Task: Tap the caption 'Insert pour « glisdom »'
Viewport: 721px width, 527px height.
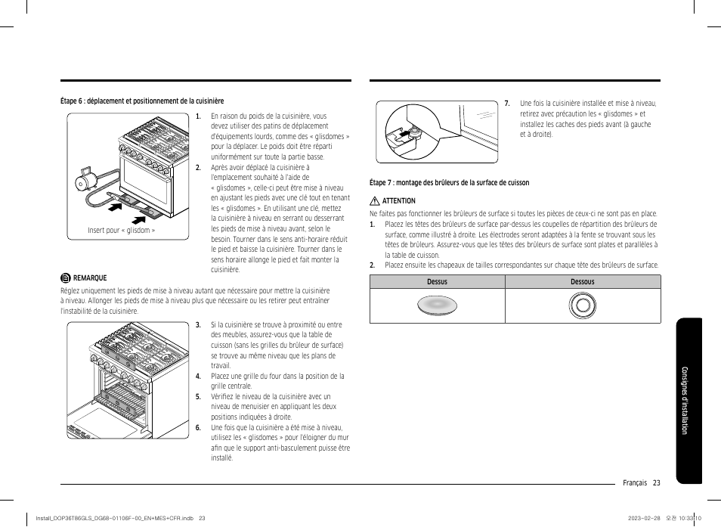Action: [x=121, y=230]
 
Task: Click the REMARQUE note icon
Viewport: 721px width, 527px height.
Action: [x=66, y=277]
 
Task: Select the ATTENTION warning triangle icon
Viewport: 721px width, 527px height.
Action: [x=374, y=201]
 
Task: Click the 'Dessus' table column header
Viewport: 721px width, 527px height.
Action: [x=437, y=282]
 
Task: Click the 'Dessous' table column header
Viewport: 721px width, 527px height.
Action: [x=582, y=282]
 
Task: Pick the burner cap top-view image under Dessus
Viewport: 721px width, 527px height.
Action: [x=437, y=305]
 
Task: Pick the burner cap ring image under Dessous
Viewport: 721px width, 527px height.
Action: [x=582, y=305]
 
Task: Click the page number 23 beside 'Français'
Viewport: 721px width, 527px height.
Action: [x=656, y=483]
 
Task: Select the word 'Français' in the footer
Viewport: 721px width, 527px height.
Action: [x=635, y=483]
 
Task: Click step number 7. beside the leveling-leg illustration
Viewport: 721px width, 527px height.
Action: [x=507, y=104]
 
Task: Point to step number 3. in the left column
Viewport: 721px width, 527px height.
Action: [x=198, y=324]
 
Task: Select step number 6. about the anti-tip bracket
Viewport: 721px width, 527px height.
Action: [x=198, y=427]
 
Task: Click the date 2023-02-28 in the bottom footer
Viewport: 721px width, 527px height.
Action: [x=645, y=518]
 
